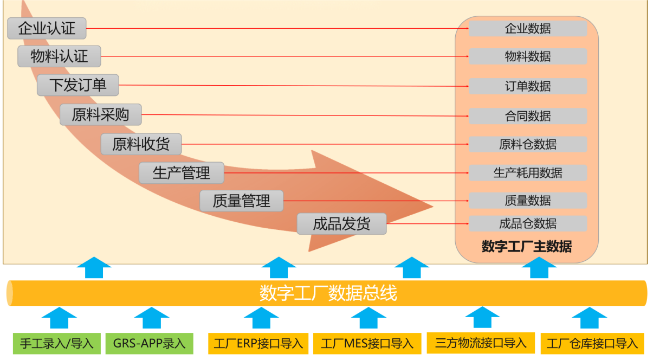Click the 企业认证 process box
(x=47, y=28)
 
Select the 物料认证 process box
(x=60, y=56)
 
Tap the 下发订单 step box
(x=77, y=85)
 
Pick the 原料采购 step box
(x=100, y=115)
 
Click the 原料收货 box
(x=141, y=144)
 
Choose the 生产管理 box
(x=181, y=173)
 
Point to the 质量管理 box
(x=242, y=201)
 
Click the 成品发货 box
(x=341, y=224)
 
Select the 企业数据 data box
(x=528, y=28)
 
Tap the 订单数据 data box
(x=528, y=86)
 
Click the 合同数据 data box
(x=528, y=116)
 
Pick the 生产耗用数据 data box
(x=528, y=173)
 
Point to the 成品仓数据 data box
(x=528, y=223)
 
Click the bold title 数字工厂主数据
(x=527, y=247)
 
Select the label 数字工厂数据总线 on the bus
(x=328, y=293)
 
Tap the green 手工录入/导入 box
(x=57, y=343)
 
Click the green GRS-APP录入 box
(x=149, y=343)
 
